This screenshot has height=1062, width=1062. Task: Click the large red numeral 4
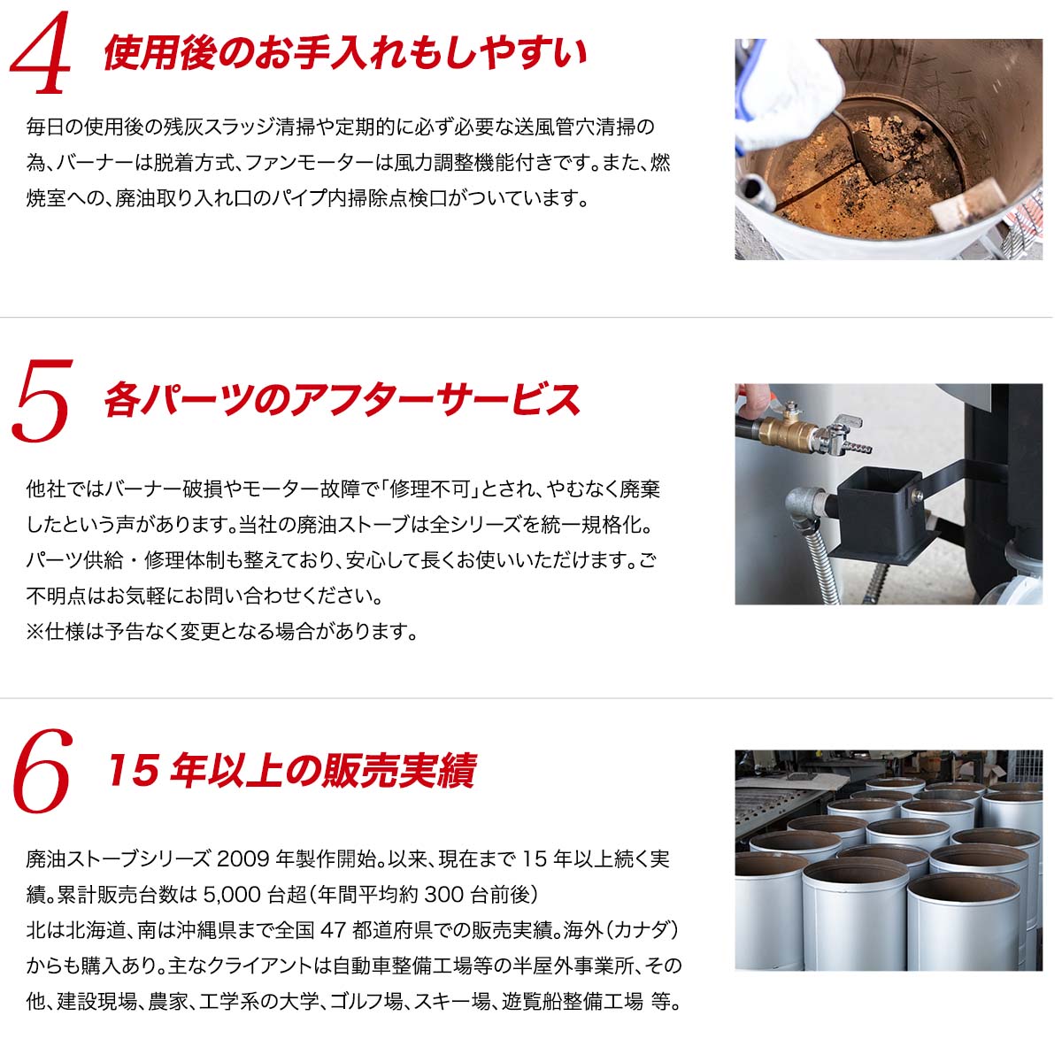click(x=41, y=53)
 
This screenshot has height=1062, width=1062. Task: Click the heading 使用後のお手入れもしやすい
click(x=345, y=53)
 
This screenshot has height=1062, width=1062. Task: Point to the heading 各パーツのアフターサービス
click(x=342, y=400)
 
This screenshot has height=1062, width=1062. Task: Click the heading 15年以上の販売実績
click(x=292, y=771)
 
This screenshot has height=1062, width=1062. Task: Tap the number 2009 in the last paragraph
click(x=243, y=859)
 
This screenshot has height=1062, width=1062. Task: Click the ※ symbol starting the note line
click(x=35, y=632)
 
